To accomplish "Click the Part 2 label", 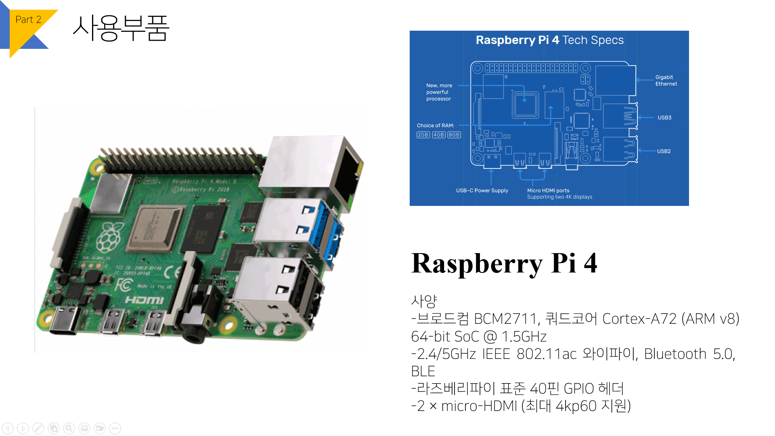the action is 28,19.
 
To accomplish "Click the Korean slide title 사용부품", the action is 121,28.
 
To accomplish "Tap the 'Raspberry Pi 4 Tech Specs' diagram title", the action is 549,40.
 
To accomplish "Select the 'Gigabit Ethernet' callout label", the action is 666,80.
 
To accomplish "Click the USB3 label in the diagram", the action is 664,117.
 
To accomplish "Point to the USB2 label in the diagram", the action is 664,151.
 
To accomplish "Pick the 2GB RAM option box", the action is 423,135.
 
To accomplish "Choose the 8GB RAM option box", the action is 454,135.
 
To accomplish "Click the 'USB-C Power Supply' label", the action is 482,191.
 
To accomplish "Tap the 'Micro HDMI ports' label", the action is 548,191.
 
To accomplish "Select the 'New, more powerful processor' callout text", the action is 439,92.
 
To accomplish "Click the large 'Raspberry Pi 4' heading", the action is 504,263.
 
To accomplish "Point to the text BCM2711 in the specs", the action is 506,319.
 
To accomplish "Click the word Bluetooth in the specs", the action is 674,354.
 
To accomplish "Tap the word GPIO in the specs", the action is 578,389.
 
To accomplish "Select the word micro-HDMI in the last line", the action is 479,406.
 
